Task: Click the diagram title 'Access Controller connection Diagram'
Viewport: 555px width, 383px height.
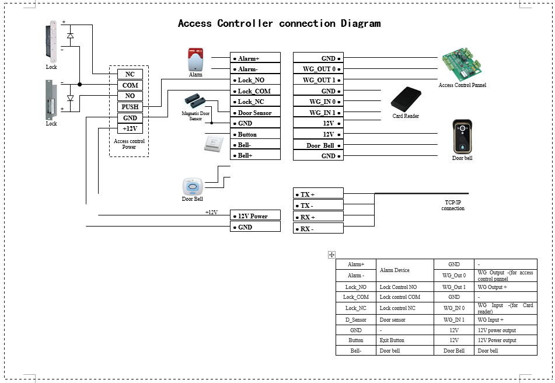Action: pos(279,24)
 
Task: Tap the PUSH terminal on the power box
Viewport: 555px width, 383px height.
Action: pos(130,107)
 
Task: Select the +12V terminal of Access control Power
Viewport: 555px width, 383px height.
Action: pos(130,129)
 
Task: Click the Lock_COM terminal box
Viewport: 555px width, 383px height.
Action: pos(255,91)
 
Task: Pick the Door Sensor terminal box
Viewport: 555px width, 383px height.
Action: pos(255,113)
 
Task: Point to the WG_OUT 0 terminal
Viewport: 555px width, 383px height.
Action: pos(318,69)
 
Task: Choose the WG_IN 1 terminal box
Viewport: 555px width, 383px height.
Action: pos(318,113)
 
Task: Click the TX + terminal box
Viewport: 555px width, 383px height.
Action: pos(318,194)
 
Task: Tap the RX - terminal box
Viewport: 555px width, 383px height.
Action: pos(318,229)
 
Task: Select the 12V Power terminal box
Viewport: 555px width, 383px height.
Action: pos(255,217)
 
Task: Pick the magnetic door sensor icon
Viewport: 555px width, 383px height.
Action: pos(196,101)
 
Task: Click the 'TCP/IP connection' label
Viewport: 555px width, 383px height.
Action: pos(453,206)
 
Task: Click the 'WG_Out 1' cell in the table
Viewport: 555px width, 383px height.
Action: pos(454,287)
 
